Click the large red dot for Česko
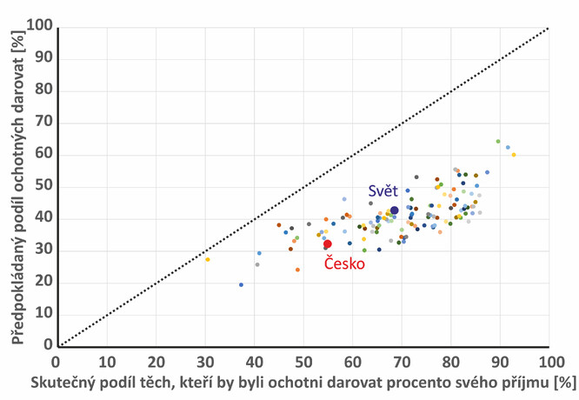327,245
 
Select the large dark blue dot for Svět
395,210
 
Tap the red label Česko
345,263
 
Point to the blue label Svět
383,191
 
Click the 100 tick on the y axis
38,28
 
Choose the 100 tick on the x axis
549,360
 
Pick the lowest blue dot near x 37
241,284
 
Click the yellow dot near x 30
208,259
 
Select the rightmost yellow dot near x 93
514,155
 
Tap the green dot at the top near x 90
498,141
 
